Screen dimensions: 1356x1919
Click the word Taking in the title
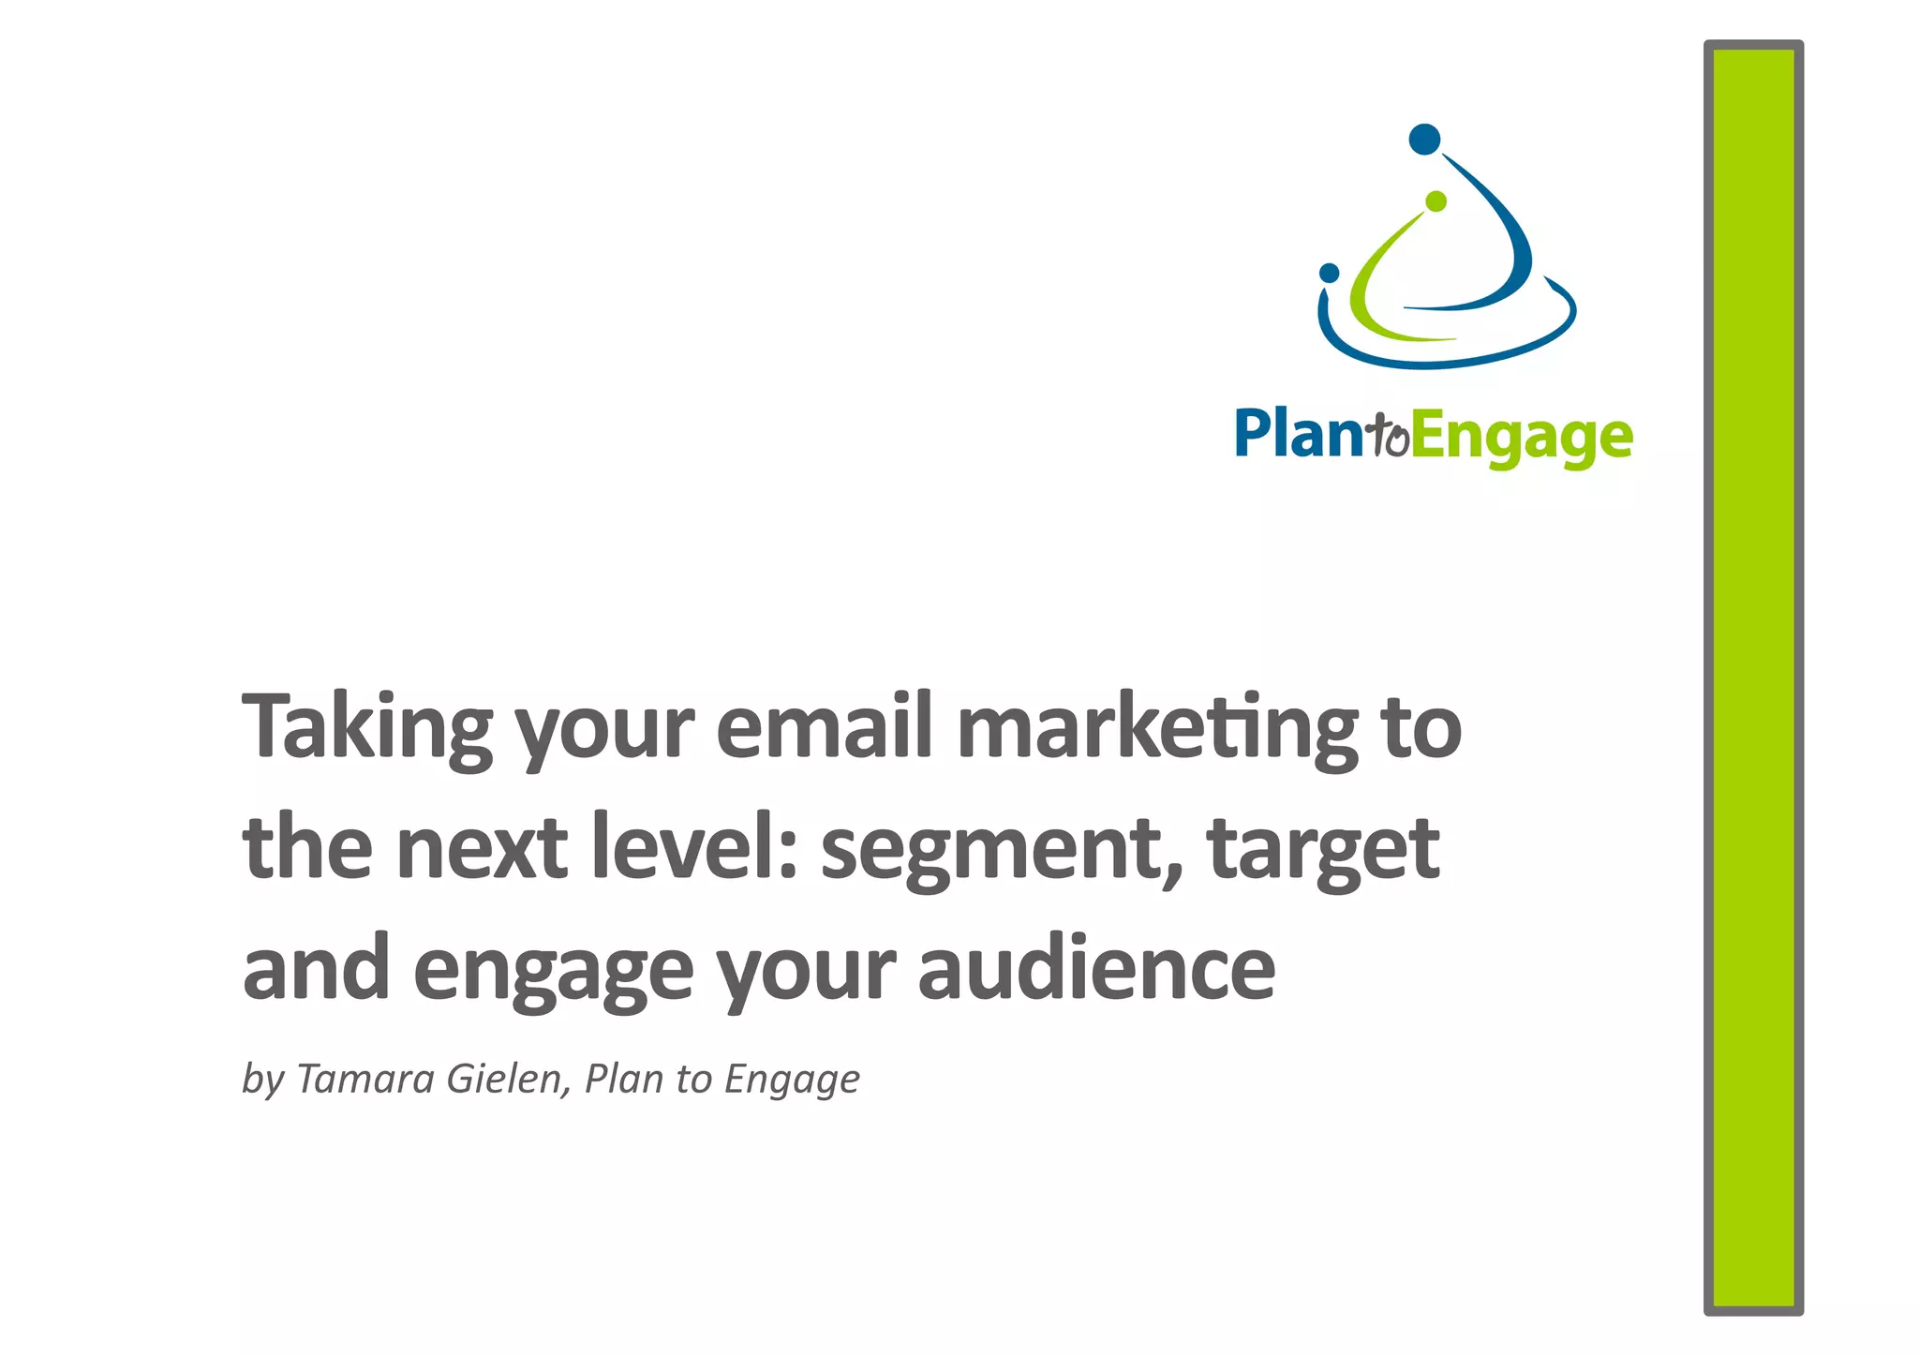[366, 726]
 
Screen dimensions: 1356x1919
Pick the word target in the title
[1322, 848]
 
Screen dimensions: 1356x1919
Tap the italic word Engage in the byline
[792, 1080]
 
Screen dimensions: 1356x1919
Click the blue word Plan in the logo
[1298, 435]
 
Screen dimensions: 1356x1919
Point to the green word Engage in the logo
[1522, 439]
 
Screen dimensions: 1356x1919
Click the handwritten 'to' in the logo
[1388, 436]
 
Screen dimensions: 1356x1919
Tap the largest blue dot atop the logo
[1424, 140]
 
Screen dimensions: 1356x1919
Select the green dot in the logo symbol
[1436, 201]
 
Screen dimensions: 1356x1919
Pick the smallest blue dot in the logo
[1329, 273]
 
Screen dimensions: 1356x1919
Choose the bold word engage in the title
[553, 970]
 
